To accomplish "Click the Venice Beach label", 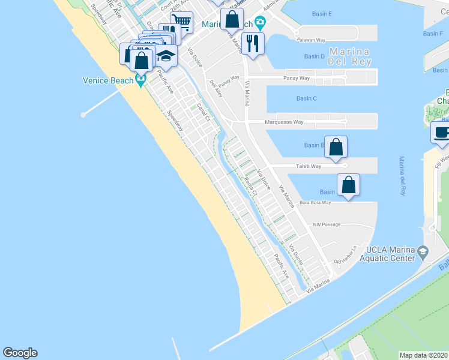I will tap(108, 80).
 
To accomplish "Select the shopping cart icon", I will tap(182, 23).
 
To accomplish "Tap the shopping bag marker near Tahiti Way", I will tap(336, 146).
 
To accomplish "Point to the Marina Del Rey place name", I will tap(351, 56).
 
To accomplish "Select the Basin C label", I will tap(306, 98).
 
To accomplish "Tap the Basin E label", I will tap(322, 13).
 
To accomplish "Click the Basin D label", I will tap(314, 56).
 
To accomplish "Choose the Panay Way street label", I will tap(297, 78).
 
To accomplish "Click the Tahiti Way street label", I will tap(309, 166).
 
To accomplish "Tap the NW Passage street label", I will tap(327, 224).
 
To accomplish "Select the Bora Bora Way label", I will tap(315, 203).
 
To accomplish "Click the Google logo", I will tap(20, 353).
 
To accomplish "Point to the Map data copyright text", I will tap(423, 355).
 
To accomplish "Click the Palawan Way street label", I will tap(311, 40).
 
